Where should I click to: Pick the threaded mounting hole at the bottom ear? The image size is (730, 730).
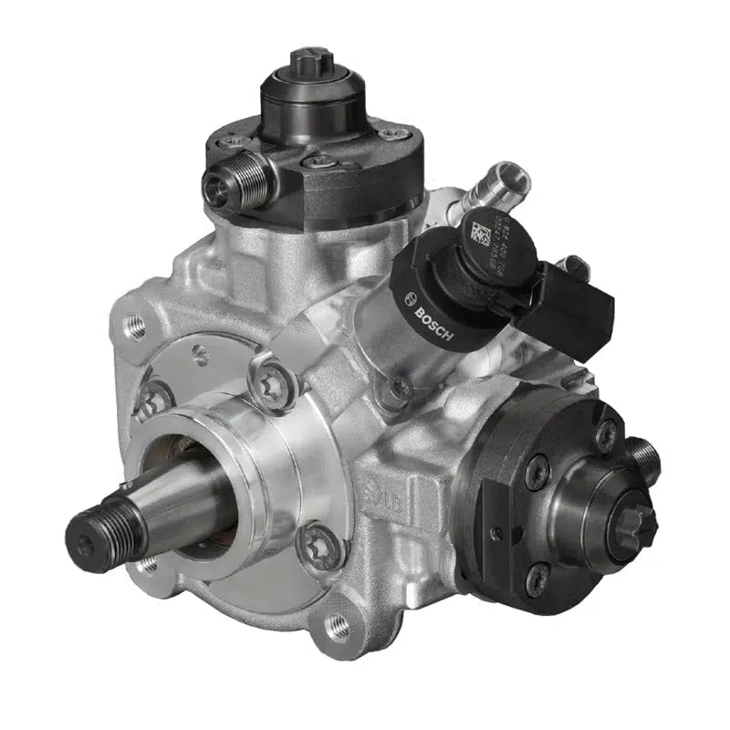tap(338, 627)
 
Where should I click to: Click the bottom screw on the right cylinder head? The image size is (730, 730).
tap(537, 578)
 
